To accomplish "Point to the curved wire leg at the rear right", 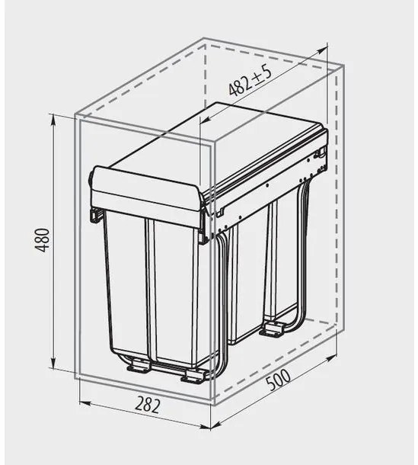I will point(301,259).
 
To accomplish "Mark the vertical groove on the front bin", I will point(149,290).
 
